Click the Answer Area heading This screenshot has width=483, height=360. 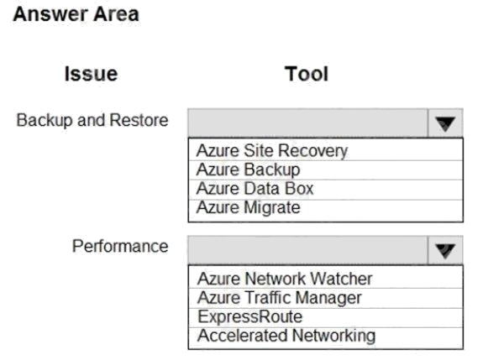76,14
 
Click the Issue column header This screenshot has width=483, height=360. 91,74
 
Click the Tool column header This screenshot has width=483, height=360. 307,74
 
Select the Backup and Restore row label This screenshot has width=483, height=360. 92,120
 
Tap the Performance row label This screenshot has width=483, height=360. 120,247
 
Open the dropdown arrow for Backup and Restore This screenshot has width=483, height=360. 445,123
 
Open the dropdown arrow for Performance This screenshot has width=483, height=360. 445,250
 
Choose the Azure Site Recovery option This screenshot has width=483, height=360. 272,151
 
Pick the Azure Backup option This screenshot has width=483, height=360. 249,170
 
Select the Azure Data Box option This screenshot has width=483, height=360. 255,189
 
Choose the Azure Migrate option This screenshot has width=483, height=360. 249,207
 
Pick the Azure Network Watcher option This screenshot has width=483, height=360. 285,279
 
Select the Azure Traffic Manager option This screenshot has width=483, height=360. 280,298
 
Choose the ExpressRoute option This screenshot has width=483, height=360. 250,317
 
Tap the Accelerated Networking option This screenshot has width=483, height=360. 286,336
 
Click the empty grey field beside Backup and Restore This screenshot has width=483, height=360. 307,123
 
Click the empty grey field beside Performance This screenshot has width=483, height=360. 307,250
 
